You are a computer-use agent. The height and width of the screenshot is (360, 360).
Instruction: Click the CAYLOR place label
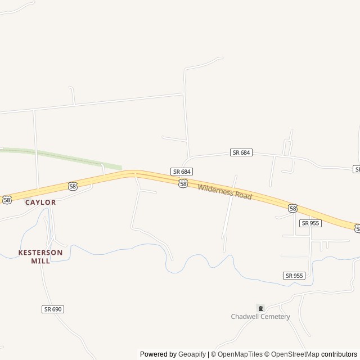click(40, 202)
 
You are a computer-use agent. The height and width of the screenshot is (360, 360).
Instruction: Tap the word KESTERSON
click(40, 253)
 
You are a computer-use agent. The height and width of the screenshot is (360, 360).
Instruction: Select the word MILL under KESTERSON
click(40, 261)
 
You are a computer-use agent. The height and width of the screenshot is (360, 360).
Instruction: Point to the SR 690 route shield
click(52, 309)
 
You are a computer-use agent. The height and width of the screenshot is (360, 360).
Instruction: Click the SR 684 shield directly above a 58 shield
click(182, 172)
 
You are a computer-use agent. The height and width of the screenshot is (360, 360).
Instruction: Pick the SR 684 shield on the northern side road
click(241, 152)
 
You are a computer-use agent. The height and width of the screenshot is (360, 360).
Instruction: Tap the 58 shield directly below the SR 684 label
click(183, 183)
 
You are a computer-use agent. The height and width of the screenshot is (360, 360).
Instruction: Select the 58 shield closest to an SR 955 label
click(292, 209)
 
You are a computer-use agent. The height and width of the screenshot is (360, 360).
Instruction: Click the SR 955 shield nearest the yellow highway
click(310, 223)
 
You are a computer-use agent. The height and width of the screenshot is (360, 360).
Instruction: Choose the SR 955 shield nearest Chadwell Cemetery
click(294, 276)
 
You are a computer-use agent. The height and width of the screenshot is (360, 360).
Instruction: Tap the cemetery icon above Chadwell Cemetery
click(260, 308)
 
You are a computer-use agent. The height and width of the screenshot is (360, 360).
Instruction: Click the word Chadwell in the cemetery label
click(246, 317)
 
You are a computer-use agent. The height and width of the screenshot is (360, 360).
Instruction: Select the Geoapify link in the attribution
click(192, 354)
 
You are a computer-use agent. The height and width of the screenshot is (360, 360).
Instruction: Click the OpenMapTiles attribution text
click(240, 354)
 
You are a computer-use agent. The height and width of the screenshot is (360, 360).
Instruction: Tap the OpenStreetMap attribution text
click(295, 354)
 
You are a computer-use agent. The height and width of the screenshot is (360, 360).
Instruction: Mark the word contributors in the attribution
click(339, 354)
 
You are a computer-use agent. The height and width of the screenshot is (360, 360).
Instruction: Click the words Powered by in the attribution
click(158, 354)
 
